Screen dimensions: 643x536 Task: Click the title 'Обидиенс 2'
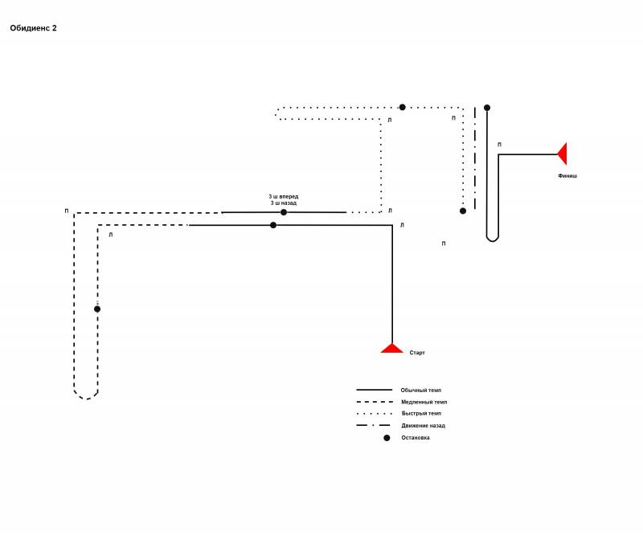click(x=33, y=28)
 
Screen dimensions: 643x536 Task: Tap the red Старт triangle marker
click(x=391, y=349)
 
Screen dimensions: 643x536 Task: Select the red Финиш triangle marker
click(x=563, y=153)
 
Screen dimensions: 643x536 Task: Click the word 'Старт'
click(x=417, y=353)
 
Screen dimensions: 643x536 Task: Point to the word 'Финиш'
click(x=567, y=176)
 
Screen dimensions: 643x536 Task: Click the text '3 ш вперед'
click(x=284, y=196)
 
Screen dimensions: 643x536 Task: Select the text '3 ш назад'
click(x=284, y=203)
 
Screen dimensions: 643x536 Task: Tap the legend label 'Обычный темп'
click(x=420, y=390)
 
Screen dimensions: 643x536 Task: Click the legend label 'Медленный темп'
click(x=424, y=402)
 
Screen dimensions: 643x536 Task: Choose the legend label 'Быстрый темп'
click(x=421, y=413)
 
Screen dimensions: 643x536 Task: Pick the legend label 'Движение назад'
click(x=424, y=426)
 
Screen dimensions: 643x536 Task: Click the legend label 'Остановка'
click(x=416, y=438)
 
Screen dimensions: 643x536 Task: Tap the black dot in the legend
click(x=387, y=438)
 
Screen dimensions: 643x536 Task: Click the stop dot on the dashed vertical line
click(x=97, y=309)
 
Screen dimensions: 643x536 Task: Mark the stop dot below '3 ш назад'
click(x=284, y=212)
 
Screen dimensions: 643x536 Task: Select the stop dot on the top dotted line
click(x=403, y=107)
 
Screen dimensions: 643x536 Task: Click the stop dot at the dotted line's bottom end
click(x=463, y=211)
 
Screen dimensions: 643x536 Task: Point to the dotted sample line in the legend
click(x=375, y=414)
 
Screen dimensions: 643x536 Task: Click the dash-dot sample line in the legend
click(x=373, y=425)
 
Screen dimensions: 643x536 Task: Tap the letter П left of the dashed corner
click(x=67, y=211)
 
